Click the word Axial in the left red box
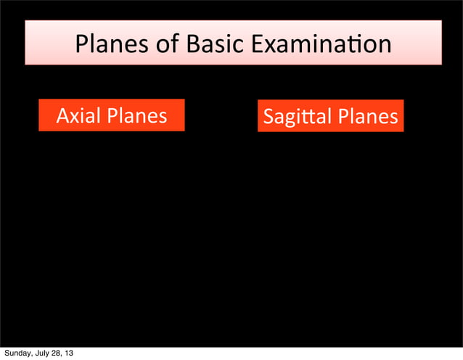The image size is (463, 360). (79, 115)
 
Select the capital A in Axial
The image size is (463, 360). (63, 115)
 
